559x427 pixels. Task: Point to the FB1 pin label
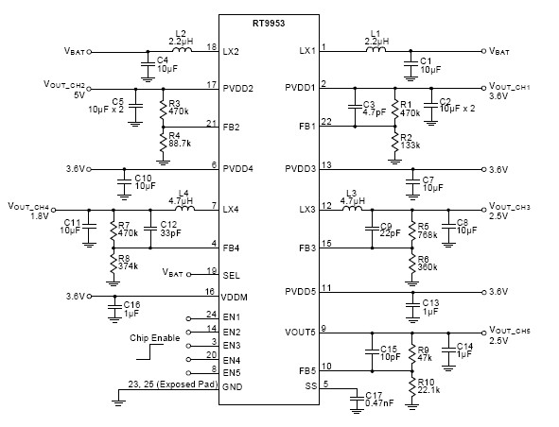pyautogui.click(x=302, y=126)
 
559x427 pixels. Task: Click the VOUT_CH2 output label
pyautogui.click(x=65, y=86)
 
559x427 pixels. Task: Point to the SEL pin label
pyautogui.click(x=232, y=275)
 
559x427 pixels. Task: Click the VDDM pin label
pyautogui.click(x=235, y=296)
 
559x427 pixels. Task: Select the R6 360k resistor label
pyautogui.click(x=428, y=262)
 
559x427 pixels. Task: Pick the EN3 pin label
pyautogui.click(x=232, y=346)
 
